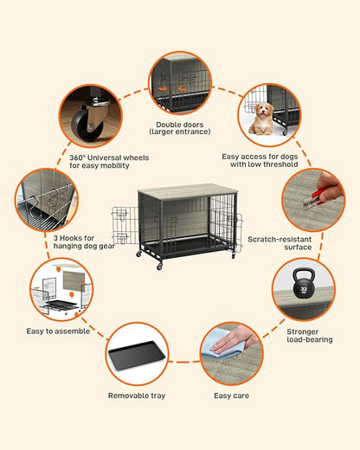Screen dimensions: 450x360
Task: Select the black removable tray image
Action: click(x=136, y=355)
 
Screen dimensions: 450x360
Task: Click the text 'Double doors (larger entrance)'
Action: click(x=180, y=129)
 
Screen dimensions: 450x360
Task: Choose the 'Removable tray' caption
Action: click(x=137, y=395)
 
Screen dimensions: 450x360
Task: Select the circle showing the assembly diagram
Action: click(x=59, y=288)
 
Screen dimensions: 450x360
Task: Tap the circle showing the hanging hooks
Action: click(x=46, y=199)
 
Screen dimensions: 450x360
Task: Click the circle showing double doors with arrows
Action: click(x=179, y=83)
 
